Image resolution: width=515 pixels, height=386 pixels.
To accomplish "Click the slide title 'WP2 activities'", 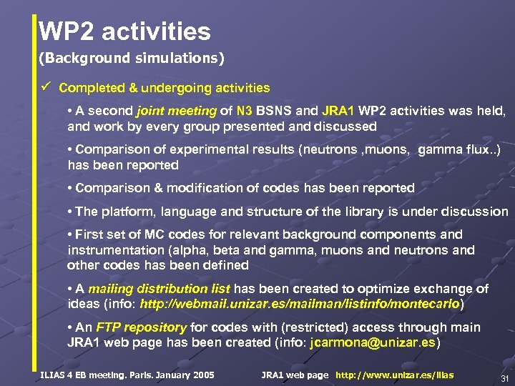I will coord(125,31).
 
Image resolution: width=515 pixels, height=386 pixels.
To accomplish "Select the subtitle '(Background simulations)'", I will coord(132,56).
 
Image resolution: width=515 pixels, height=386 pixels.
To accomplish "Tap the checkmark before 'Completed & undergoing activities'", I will coord(44,87).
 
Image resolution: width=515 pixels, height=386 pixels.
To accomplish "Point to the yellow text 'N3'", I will coord(245,111).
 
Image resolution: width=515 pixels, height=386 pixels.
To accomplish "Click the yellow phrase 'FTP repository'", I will coord(141,327).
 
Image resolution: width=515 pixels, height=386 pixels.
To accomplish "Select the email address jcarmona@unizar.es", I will coord(372,343).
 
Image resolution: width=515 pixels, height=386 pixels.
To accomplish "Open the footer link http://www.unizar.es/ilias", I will coord(394,375).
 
